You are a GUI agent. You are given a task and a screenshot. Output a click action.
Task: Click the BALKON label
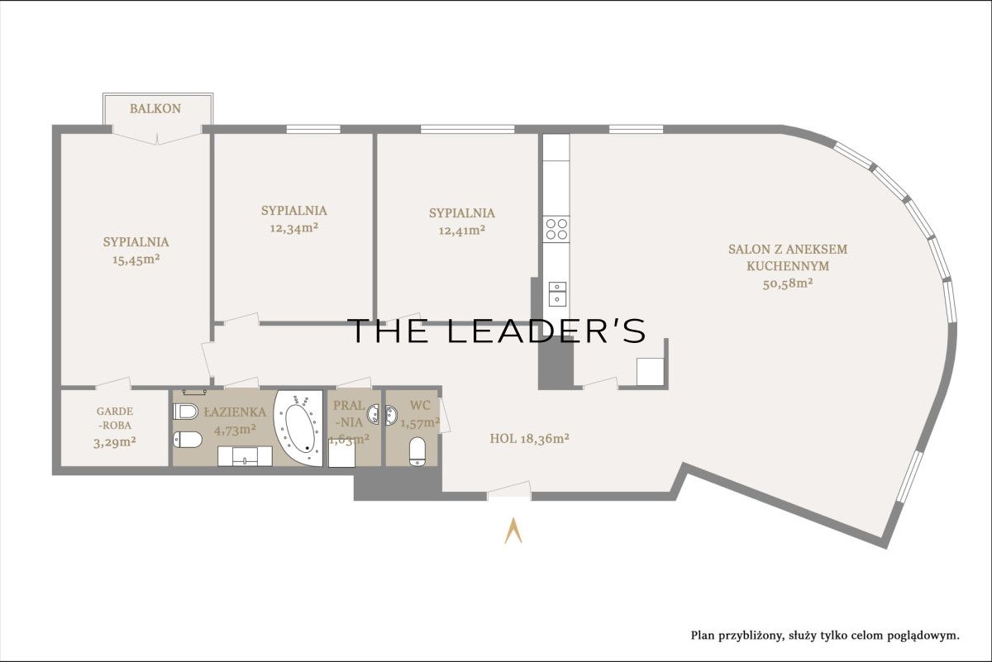click(x=155, y=108)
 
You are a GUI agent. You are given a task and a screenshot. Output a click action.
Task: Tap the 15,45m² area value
click(x=136, y=259)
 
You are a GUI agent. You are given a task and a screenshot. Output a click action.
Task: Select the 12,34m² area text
click(x=294, y=228)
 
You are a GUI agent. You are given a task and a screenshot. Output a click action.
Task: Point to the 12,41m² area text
click(x=461, y=231)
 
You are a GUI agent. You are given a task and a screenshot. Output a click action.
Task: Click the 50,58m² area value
click(x=787, y=283)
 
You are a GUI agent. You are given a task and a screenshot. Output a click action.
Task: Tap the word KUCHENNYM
click(x=788, y=266)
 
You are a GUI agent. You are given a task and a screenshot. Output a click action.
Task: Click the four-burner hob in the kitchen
click(x=556, y=229)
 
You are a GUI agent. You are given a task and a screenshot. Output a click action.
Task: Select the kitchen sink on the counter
click(x=557, y=294)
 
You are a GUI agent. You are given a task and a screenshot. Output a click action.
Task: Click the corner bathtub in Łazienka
click(x=298, y=428)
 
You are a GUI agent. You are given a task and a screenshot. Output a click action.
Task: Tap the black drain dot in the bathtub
click(x=307, y=448)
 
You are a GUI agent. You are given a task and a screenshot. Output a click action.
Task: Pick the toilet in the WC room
click(x=417, y=451)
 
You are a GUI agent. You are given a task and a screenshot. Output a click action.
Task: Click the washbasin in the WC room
click(x=391, y=416)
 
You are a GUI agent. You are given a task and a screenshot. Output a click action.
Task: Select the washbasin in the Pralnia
click(x=374, y=413)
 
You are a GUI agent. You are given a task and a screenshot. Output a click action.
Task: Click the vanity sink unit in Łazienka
click(x=245, y=456)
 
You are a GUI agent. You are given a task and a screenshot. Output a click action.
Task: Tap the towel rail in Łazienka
click(x=194, y=392)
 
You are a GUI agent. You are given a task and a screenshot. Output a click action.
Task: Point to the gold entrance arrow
click(x=513, y=531)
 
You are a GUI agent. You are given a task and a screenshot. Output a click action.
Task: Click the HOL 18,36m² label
click(x=529, y=438)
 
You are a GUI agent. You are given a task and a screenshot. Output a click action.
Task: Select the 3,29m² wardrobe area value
click(x=114, y=442)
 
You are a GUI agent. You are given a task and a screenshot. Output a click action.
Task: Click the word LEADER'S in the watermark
click(x=546, y=331)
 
